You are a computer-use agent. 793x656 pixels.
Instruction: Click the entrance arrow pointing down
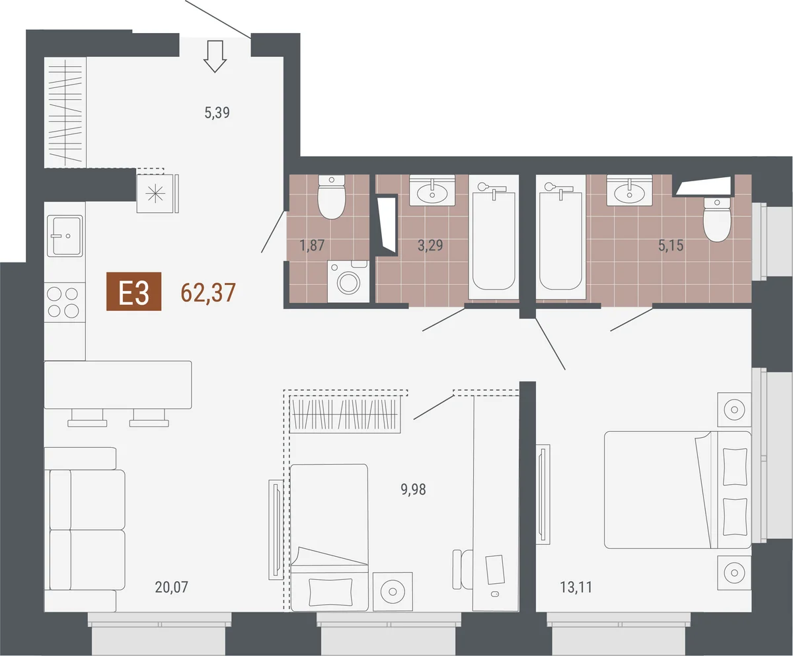click(215, 56)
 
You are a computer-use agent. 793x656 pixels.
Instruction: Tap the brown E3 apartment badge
click(133, 292)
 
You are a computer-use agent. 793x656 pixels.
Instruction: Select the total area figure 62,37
click(208, 293)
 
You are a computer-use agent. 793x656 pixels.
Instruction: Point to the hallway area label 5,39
click(217, 113)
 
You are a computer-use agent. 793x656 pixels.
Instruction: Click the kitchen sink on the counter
click(65, 235)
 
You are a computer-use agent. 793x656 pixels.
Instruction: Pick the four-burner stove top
click(63, 302)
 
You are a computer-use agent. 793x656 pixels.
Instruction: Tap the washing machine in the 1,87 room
click(348, 281)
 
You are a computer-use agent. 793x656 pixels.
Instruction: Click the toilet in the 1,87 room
click(331, 197)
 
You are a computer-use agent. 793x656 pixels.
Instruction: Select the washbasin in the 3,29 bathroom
click(432, 190)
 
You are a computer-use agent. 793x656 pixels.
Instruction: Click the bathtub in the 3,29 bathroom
click(494, 237)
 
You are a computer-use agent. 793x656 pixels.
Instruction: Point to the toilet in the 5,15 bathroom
click(716, 220)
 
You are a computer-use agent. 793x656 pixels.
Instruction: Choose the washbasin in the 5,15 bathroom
click(629, 190)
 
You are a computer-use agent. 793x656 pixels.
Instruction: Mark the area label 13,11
click(576, 587)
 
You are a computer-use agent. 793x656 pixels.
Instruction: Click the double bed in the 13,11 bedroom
click(677, 490)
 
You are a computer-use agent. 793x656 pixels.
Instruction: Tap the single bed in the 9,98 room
click(329, 538)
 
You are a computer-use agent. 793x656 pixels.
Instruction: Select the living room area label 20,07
click(171, 587)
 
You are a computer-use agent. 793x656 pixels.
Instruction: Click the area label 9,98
click(413, 489)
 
